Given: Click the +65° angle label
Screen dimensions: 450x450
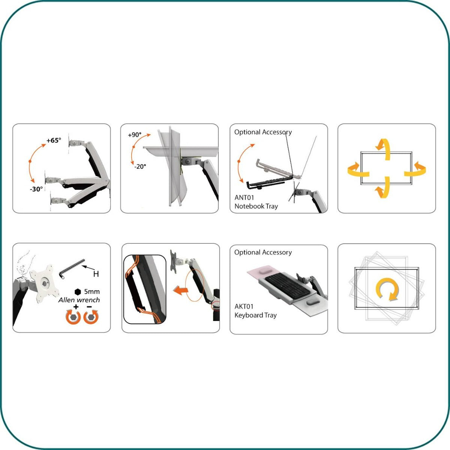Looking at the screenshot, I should [54, 141].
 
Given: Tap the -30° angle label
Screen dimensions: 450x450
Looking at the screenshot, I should [37, 189].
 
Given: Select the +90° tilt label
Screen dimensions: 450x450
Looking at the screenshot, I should [135, 135].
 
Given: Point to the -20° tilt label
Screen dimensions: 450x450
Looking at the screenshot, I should [140, 166].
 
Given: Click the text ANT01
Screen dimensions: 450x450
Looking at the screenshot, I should [244, 197].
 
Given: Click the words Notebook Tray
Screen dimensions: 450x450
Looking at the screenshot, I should [256, 206].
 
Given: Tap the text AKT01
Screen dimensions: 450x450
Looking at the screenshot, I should [244, 306].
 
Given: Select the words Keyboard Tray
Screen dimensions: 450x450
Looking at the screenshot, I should [255, 315].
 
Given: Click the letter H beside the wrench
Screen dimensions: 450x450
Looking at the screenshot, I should [96, 274].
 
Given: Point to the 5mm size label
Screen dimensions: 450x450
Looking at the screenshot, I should [92, 291].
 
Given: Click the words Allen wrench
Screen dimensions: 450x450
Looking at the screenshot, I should [79, 300].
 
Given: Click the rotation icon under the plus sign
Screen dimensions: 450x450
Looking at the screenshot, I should [74, 317].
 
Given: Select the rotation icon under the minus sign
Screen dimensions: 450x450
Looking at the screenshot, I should [90, 317].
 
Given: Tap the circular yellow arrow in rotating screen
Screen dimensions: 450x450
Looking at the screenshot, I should [387, 289].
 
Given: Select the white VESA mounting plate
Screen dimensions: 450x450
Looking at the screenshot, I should [45, 283].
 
